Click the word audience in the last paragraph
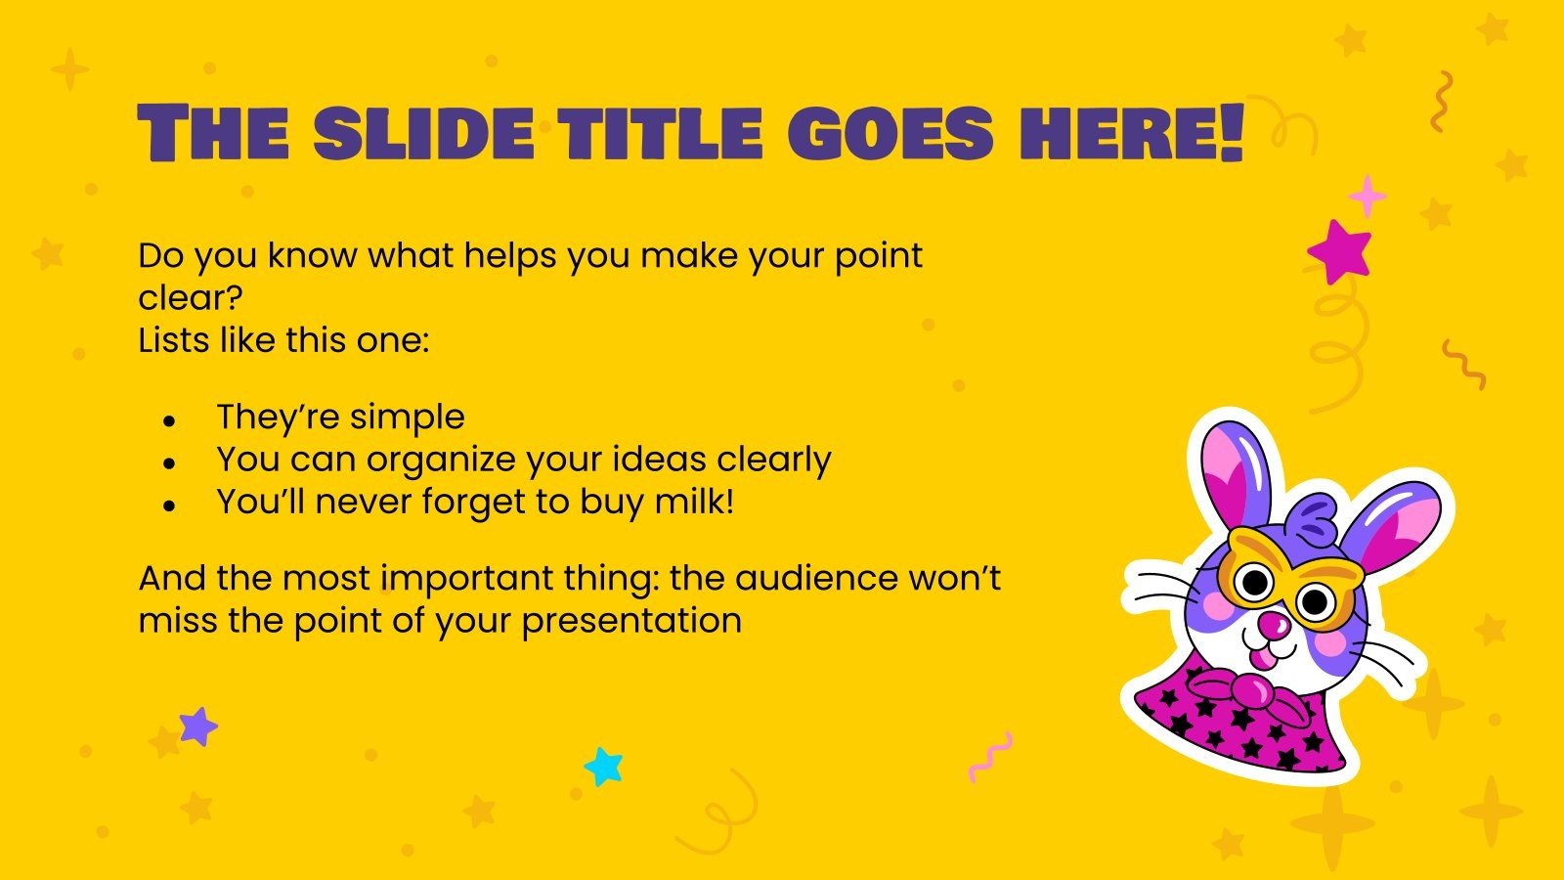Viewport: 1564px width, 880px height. click(817, 578)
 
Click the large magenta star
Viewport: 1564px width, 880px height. click(1340, 250)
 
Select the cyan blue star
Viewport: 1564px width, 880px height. click(603, 767)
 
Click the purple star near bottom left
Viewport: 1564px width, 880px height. click(198, 726)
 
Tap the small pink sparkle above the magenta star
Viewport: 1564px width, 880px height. click(1367, 197)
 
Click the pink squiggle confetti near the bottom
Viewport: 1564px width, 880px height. click(989, 756)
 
